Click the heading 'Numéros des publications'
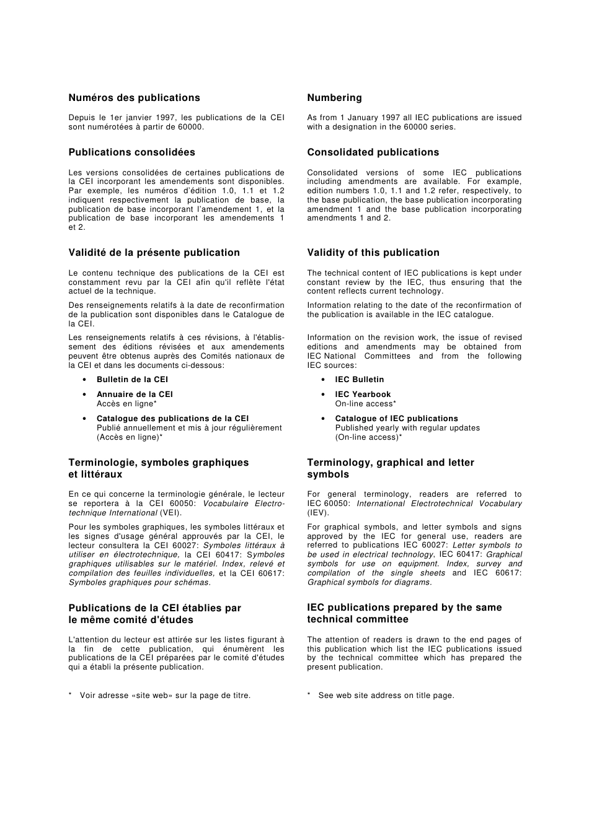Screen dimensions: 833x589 pos(134,98)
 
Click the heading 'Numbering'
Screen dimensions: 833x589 pos(334,98)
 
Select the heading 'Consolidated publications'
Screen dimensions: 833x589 pos(373,152)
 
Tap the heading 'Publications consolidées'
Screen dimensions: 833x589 pos(131,152)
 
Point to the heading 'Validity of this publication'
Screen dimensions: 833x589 pos(373,253)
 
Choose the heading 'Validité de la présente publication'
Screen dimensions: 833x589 pos(154,253)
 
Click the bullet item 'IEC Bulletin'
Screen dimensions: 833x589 pos(359,380)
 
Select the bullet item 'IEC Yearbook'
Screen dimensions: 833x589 pos(363,395)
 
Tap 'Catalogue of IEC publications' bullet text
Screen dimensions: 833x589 pos(396,419)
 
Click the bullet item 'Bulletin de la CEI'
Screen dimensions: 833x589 pos(132,380)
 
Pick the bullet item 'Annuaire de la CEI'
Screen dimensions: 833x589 pos(135,395)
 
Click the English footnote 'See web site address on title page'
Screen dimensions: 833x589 pos(386,696)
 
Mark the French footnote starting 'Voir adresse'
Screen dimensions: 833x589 pos(165,696)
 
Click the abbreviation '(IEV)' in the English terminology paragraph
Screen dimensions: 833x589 pos(318,513)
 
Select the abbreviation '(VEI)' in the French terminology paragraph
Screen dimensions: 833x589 pos(170,513)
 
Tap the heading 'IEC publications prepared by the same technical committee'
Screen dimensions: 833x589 pos(404,613)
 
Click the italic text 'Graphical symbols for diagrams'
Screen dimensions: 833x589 pos(369,582)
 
